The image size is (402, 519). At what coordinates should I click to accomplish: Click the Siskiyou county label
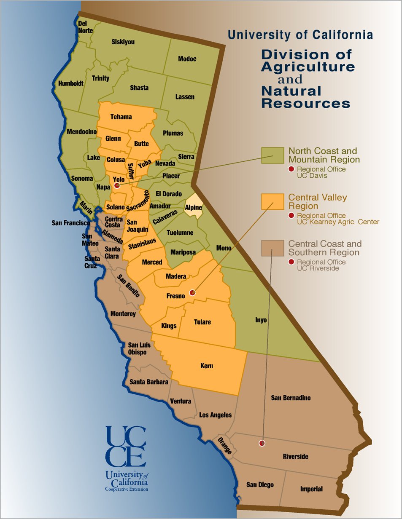coord(123,42)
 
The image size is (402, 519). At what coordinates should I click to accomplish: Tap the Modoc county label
coord(187,59)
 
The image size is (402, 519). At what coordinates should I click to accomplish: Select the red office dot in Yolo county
coord(117,185)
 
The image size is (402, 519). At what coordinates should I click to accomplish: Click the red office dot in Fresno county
coord(192,292)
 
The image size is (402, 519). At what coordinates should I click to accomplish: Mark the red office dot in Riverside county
coord(262,443)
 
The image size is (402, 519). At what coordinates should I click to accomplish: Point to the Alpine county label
coord(193,207)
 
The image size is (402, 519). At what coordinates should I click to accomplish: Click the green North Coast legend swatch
coord(272,155)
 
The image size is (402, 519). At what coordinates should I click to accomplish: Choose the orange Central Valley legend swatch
coord(272,202)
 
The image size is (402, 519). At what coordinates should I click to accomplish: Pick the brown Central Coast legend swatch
coord(272,248)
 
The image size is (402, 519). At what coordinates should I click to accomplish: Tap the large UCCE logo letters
coord(126,447)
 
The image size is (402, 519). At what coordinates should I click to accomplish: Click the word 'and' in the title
coord(290,79)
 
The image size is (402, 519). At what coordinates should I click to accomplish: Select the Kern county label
coord(207,366)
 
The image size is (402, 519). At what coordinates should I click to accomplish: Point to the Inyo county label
coord(261,320)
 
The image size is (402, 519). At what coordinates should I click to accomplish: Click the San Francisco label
coord(70,222)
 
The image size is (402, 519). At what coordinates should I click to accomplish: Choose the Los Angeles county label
coord(215,415)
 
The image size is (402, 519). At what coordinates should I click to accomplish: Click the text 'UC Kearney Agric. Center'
coord(338,222)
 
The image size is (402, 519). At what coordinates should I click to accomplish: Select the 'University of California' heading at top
coord(300,35)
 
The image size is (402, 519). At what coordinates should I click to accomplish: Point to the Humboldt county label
coord(71,83)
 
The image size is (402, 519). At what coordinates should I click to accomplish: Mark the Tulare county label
coord(202,322)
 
